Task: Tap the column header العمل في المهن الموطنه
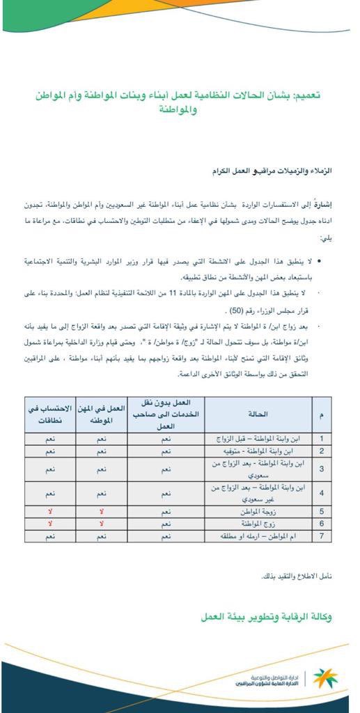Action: (x=102, y=414)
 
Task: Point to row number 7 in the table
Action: (x=322, y=536)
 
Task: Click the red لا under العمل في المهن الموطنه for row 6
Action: (x=102, y=523)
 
